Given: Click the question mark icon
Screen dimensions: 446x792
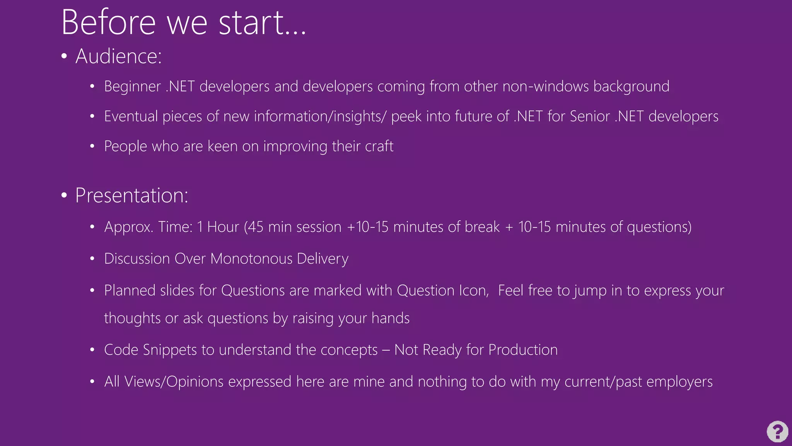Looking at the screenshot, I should (x=777, y=431).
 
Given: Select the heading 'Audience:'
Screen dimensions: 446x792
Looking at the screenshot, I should (x=118, y=57).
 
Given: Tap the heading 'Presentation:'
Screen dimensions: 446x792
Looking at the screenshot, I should (x=131, y=196).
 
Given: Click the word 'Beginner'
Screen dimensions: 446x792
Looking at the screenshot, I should (x=132, y=87).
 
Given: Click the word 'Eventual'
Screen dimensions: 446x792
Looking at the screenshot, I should (x=131, y=117).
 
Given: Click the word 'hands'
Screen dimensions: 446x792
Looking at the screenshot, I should (x=390, y=318).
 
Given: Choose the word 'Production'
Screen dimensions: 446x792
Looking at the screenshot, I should (x=523, y=350).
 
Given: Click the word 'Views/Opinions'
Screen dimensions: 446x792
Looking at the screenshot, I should (x=174, y=382).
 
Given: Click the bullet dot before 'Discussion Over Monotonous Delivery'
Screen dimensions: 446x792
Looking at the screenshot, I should (x=92, y=259).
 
